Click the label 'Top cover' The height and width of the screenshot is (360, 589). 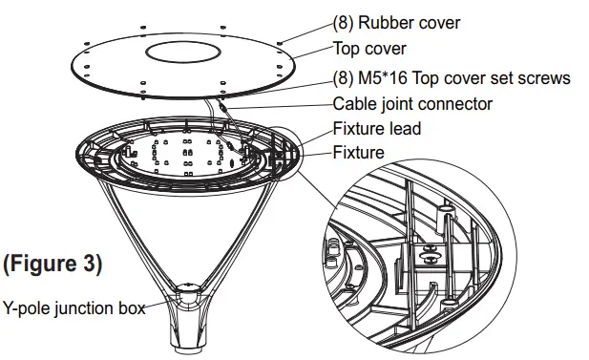pos(368,49)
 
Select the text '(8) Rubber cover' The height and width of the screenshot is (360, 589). pos(395,22)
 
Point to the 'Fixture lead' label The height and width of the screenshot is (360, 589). pos(376,129)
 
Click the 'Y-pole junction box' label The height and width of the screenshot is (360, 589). pos(74,308)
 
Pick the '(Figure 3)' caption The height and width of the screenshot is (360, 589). pos(53,262)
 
